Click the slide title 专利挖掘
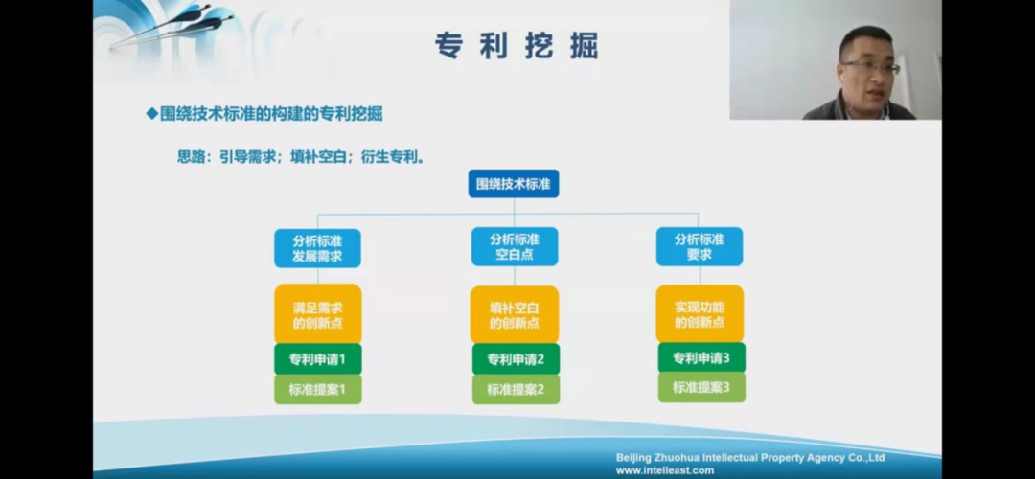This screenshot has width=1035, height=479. tap(517, 46)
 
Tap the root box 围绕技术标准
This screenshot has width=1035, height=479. tap(514, 184)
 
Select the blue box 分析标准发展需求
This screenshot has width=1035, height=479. tap(317, 248)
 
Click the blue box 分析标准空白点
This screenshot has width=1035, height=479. tap(515, 247)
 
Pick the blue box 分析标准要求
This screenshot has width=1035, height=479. tap(699, 247)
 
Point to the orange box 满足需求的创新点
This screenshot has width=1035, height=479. tap(317, 314)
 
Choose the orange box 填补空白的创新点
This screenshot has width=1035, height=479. tap(515, 314)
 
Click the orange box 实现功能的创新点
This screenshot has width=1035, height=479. tap(700, 313)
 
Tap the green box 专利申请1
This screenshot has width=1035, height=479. tap(317, 359)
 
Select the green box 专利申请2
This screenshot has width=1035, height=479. tap(516, 359)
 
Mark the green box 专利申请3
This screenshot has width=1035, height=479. tap(701, 357)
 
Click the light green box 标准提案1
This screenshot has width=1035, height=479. tap(317, 389)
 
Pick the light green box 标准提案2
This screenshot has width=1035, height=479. tap(516, 389)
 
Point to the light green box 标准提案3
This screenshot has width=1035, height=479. tap(701, 387)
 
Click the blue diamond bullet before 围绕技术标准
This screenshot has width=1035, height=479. tap(151, 113)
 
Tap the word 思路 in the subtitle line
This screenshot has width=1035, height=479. tap(192, 158)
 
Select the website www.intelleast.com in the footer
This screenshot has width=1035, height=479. tap(665, 470)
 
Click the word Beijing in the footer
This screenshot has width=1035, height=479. tap(634, 458)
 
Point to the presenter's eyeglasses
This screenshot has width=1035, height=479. tap(870, 67)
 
